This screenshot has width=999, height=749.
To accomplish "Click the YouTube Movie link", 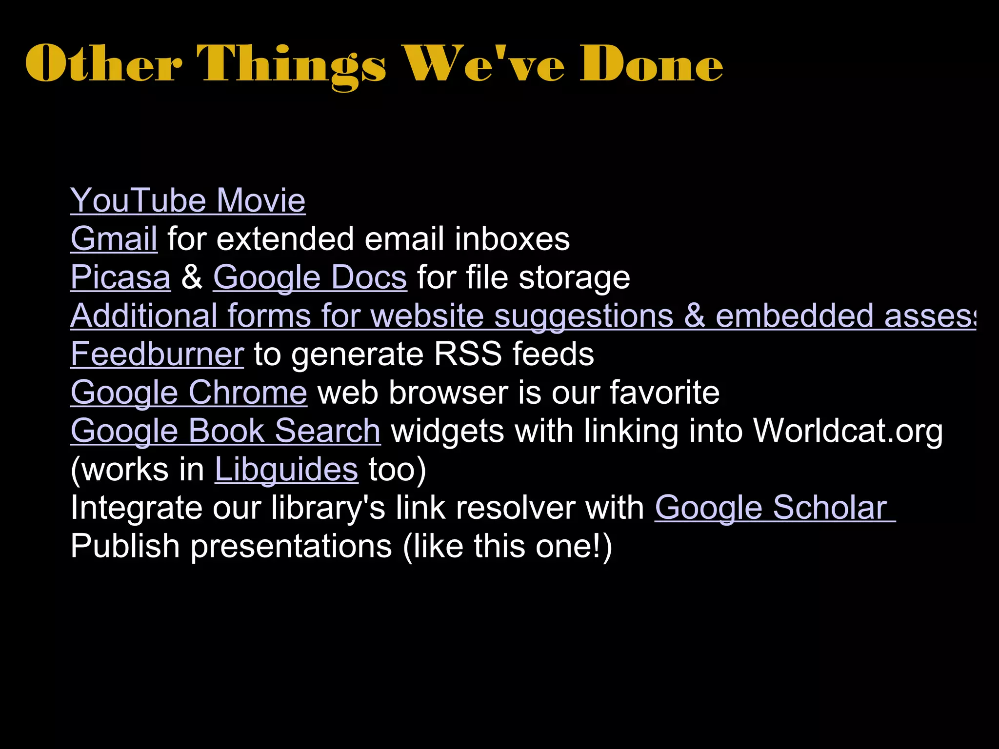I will click(188, 200).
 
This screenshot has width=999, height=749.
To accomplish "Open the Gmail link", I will click(114, 239).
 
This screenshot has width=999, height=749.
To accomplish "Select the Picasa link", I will click(120, 277).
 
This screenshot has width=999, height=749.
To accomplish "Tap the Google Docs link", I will click(310, 277).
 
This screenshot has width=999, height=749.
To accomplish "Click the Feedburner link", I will click(157, 354).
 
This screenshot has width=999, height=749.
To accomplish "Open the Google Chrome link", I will click(189, 393).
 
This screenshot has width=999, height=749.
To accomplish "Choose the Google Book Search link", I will click(225, 431).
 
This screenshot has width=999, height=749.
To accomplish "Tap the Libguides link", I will click(286, 469).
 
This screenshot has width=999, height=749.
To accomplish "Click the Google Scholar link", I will click(775, 508).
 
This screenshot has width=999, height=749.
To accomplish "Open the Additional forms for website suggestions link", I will click(522, 316).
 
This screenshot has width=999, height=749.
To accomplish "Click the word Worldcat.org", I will click(848, 431).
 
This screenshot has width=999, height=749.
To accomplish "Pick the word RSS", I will click(467, 354).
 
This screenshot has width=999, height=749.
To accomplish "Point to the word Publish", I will click(125, 546).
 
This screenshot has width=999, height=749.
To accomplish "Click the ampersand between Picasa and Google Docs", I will click(192, 277).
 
